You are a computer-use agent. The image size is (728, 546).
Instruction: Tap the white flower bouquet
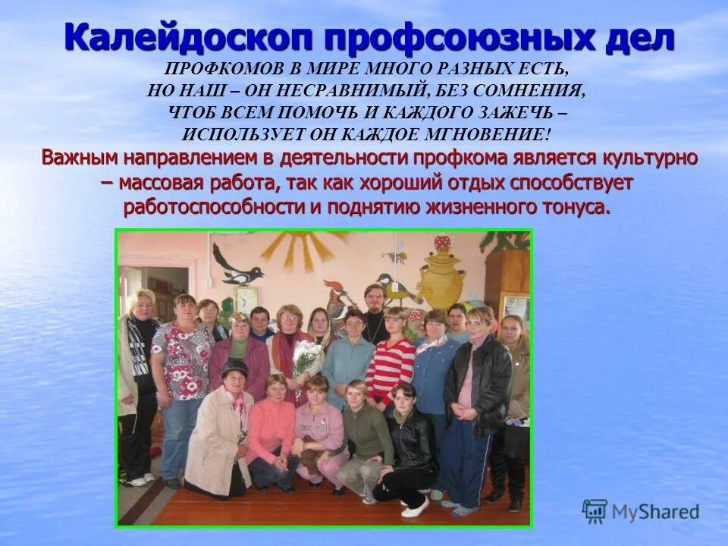pos(306,356)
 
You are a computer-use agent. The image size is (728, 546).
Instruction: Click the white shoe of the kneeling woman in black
pos(415,507)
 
